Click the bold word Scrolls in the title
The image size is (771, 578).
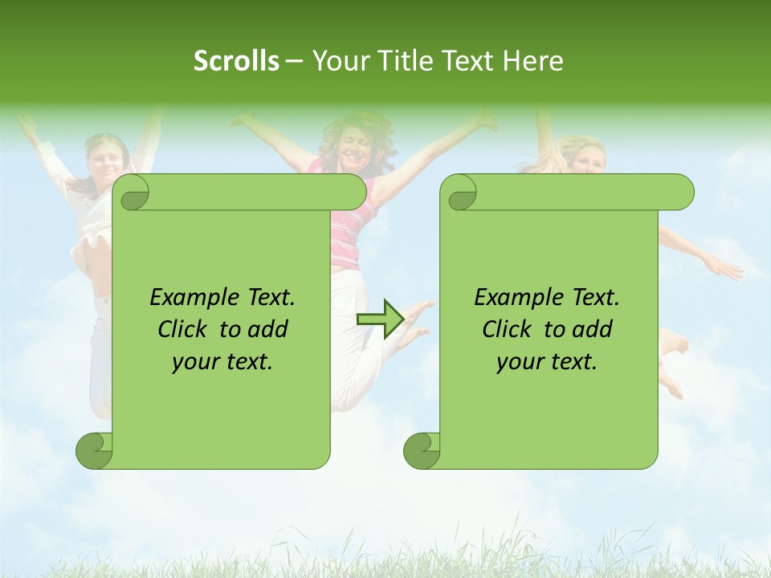pos(236,61)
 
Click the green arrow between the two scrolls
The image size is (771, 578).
pos(381,319)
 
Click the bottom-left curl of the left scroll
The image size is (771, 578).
pos(95,450)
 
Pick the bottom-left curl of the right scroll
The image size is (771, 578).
pos(422,450)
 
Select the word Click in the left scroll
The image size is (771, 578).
pos(184,330)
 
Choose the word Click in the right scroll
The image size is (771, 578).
pos(508,330)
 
